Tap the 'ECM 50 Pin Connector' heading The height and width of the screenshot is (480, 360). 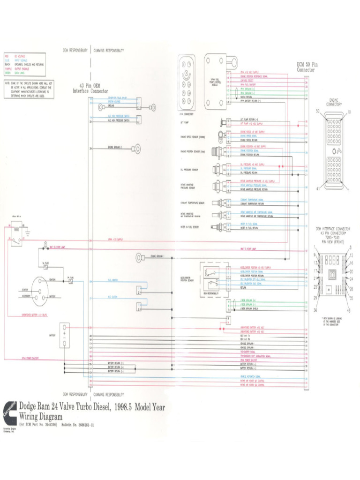(307, 67)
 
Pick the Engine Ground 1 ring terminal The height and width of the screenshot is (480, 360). (140, 257)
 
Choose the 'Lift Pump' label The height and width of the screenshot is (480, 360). (185, 122)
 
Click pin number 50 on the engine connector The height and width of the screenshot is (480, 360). (317, 111)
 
